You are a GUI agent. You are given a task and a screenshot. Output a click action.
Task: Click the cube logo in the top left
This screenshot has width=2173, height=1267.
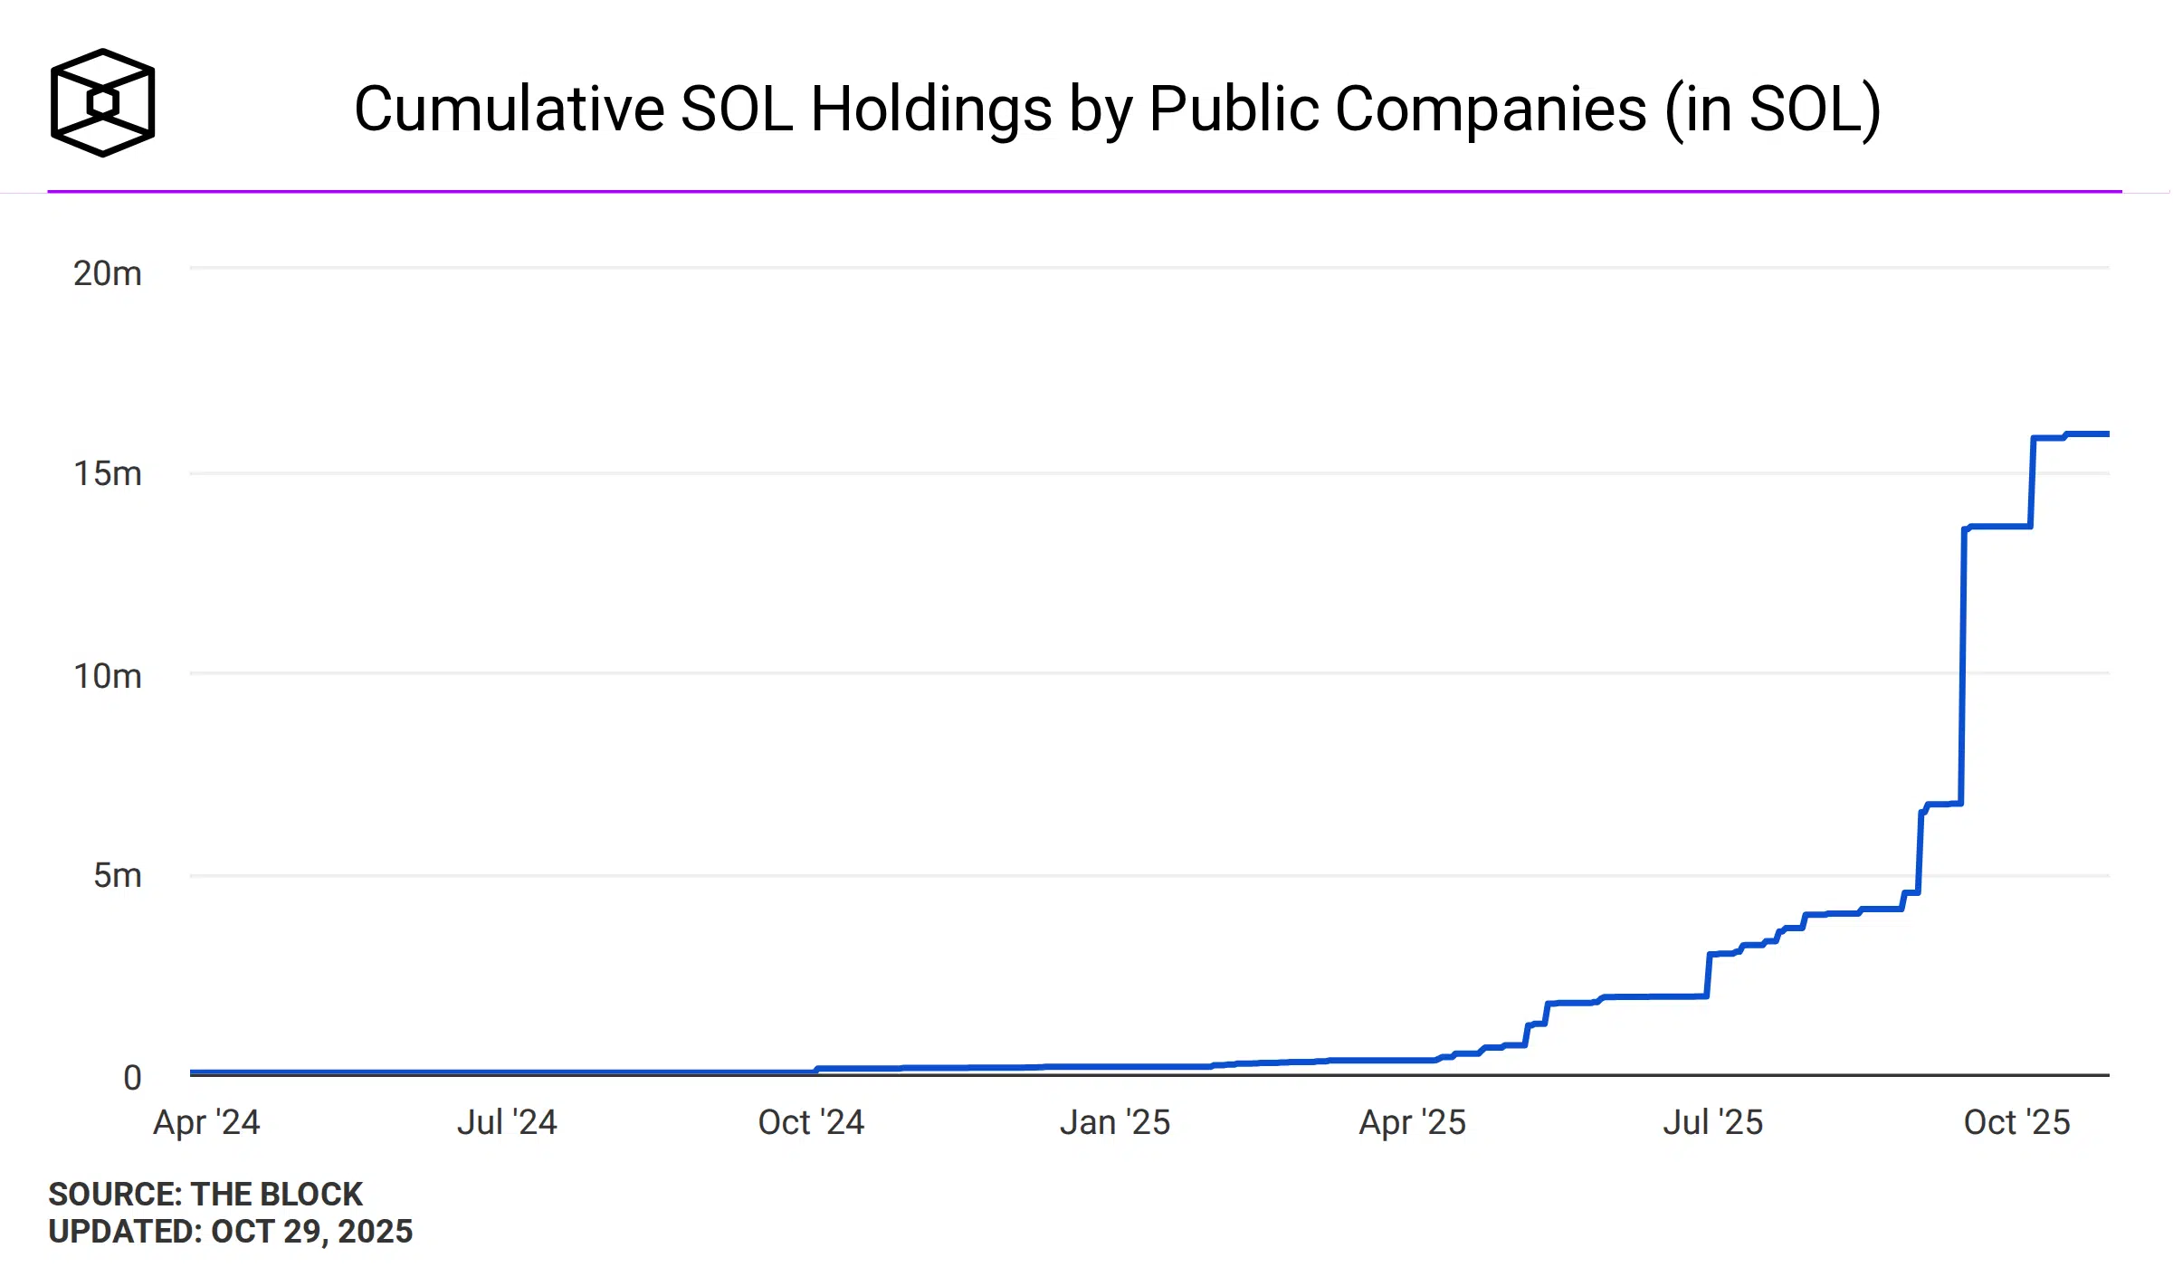point(102,102)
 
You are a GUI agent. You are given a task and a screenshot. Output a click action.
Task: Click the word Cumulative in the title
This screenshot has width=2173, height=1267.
point(509,110)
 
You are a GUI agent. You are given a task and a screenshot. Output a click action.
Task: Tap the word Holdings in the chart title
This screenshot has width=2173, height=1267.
point(932,110)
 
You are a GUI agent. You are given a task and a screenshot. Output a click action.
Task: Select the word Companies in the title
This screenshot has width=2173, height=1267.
point(1490,110)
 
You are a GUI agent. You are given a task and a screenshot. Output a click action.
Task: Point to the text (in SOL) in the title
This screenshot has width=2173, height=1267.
point(1774,110)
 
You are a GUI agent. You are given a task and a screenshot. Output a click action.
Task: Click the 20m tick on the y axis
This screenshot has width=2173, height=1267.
point(108,273)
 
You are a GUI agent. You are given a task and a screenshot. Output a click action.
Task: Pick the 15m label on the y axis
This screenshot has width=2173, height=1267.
point(108,473)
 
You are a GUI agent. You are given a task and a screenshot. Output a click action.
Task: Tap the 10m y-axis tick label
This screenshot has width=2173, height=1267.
point(108,676)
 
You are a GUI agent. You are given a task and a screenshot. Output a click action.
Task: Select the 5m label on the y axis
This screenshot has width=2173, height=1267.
point(118,875)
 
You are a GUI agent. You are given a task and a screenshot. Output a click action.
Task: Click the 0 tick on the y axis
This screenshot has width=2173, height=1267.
point(132,1078)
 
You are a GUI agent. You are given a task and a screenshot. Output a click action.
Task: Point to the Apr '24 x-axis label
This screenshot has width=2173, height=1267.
point(206,1122)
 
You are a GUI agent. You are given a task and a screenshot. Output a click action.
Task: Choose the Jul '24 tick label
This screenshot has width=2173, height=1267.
point(507,1122)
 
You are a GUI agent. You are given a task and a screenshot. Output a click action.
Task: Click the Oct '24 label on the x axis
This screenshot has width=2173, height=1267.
point(811,1122)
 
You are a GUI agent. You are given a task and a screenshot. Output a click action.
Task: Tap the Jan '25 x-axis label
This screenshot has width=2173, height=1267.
point(1115,1122)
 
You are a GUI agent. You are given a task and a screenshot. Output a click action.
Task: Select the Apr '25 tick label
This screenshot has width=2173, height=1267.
point(1412,1122)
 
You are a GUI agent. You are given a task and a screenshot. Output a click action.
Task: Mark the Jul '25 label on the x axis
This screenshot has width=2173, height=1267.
point(1713,1122)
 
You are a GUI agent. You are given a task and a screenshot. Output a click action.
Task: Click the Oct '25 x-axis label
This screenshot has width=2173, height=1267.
point(2016,1122)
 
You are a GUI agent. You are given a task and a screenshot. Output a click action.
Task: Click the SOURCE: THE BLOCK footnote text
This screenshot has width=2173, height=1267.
point(205,1194)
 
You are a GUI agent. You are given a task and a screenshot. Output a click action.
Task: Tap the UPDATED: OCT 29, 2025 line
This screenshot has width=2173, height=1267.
point(231,1232)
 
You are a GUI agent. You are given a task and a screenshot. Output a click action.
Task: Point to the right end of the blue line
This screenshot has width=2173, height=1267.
point(2106,434)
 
